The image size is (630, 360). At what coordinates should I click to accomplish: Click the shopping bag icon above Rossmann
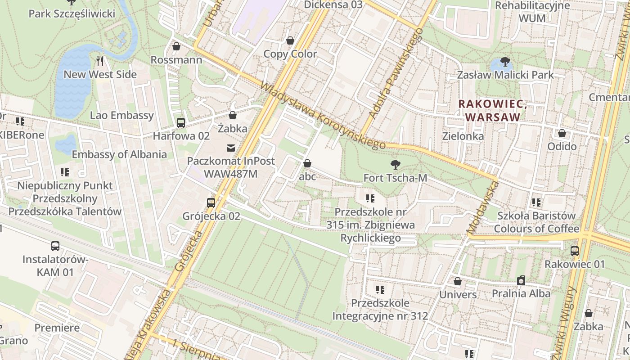click(x=176, y=46)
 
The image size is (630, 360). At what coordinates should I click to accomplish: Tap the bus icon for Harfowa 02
click(x=181, y=122)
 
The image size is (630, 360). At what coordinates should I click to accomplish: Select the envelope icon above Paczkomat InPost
click(x=231, y=148)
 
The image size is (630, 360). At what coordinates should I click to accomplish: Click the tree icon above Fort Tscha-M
click(x=395, y=164)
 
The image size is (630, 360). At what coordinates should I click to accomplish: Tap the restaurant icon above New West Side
click(x=100, y=61)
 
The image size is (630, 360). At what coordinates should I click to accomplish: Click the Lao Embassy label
click(x=122, y=115)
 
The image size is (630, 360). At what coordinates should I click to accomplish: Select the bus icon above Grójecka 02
click(x=211, y=202)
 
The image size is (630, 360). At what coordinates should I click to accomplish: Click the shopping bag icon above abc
click(x=307, y=163)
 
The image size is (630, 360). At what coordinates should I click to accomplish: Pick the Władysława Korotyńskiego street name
click(x=323, y=116)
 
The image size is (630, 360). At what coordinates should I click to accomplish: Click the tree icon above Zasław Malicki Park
click(x=505, y=61)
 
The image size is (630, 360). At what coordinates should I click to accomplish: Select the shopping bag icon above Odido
click(x=562, y=133)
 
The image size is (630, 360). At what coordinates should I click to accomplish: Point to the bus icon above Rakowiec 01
click(x=575, y=251)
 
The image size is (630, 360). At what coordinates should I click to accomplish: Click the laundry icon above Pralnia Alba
click(x=521, y=280)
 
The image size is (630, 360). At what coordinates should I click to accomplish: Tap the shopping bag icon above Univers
click(x=458, y=281)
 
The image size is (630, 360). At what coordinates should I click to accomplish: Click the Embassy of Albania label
click(x=119, y=154)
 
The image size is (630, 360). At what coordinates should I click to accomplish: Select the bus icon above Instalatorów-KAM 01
click(x=55, y=246)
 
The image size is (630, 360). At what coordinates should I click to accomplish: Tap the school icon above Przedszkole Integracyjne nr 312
click(x=380, y=289)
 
